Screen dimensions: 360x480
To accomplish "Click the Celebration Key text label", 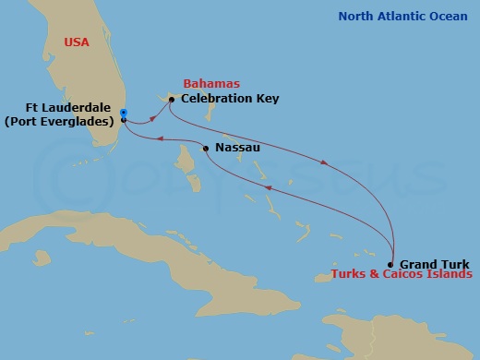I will tap(230, 98).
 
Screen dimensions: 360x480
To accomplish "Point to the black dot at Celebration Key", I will tap(172, 99).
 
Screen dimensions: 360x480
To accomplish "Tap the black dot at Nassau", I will tap(205, 148).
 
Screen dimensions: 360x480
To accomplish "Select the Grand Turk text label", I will tap(433, 263).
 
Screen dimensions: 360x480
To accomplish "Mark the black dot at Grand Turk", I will tap(391, 264).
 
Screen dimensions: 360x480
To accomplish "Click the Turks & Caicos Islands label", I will tap(396, 275).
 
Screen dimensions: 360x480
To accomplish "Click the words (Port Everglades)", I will tap(64, 120).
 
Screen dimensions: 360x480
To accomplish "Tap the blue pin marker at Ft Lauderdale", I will tap(124, 114).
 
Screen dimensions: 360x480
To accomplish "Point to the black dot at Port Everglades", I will tap(124, 120).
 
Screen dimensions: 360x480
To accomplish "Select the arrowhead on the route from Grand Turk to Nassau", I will tap(270, 186).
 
